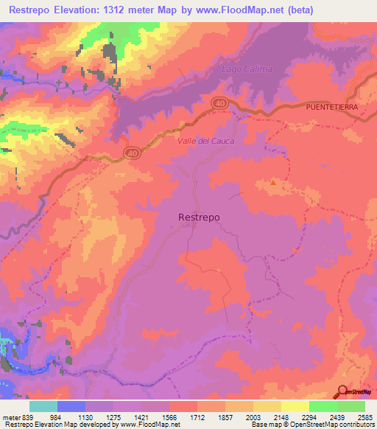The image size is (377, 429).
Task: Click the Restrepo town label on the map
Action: point(200,217)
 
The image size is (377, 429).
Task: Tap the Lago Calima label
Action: point(247,69)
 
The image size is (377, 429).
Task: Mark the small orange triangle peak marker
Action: point(274,182)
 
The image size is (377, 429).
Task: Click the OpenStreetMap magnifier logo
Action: point(343,392)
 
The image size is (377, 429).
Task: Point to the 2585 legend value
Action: point(364,416)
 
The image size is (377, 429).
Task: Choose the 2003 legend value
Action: point(253,416)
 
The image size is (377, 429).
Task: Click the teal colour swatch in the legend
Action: point(43,406)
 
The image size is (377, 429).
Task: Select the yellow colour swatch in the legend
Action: point(295,406)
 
